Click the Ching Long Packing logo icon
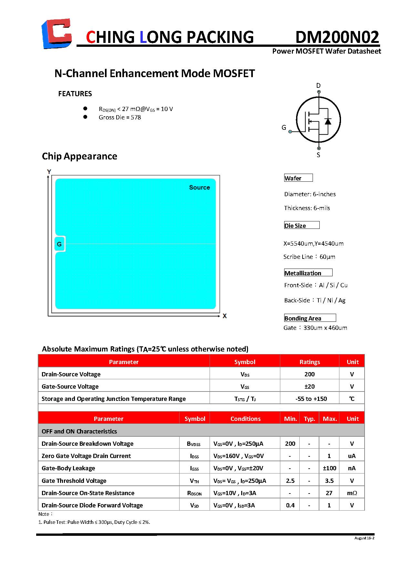(57, 34)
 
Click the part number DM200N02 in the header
(337, 37)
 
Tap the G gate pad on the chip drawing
(59, 244)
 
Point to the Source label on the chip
(199, 188)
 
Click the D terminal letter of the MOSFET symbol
(318, 86)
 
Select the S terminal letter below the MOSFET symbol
(318, 155)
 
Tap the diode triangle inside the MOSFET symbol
(328, 121)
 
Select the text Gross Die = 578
(120, 117)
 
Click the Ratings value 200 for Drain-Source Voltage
(309, 374)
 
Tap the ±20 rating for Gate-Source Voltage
(309, 386)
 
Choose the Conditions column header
(245, 419)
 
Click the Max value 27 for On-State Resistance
(329, 493)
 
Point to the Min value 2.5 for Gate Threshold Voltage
(290, 481)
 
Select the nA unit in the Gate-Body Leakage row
(352, 468)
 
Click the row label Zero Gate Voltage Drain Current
(86, 456)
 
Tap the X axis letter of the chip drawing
(225, 316)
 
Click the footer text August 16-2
(364, 538)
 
